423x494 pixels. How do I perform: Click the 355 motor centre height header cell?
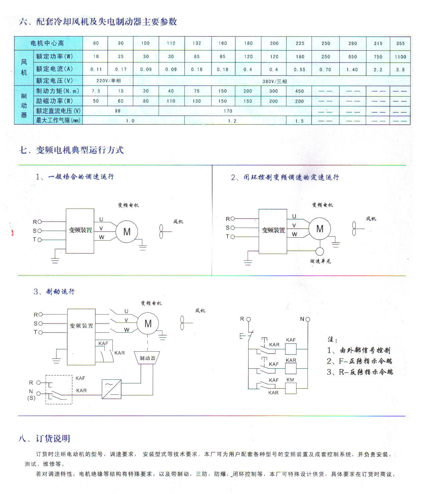click(x=400, y=43)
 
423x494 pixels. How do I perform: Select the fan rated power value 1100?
click(x=400, y=57)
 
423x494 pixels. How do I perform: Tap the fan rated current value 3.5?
click(x=400, y=70)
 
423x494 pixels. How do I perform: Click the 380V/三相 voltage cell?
click(x=274, y=81)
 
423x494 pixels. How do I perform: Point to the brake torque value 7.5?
click(x=96, y=91)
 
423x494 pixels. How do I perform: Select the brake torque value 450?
click(x=300, y=91)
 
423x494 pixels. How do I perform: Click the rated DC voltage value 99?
click(x=117, y=111)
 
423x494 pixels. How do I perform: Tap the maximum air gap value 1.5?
click(x=300, y=121)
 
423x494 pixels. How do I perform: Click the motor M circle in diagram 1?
click(x=127, y=231)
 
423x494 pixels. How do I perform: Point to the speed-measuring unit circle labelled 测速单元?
click(x=320, y=251)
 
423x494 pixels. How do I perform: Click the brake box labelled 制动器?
click(x=147, y=358)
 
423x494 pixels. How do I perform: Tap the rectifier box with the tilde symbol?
click(x=111, y=388)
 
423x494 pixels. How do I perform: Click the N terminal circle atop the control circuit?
click(x=308, y=319)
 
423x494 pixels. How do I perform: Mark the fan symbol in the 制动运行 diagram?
click(x=183, y=323)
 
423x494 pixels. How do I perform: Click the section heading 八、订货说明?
click(x=45, y=439)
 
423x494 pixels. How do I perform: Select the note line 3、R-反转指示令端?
click(x=360, y=372)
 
